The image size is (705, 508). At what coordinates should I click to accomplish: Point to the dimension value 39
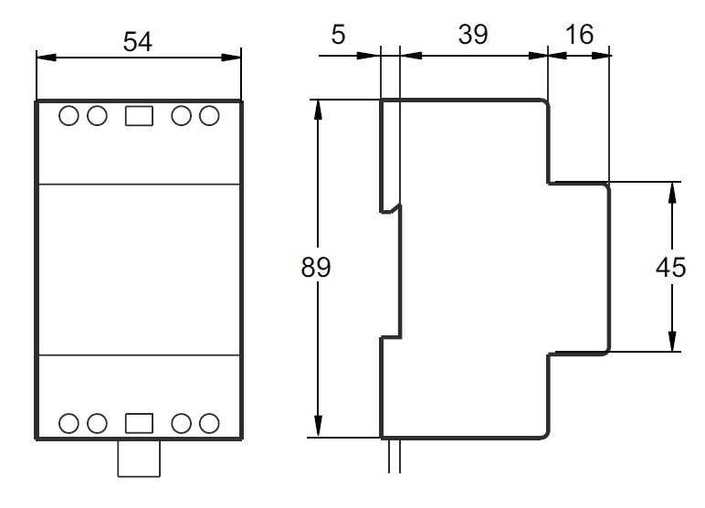pyautogui.click(x=472, y=35)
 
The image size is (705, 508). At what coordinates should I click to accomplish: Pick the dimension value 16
pyautogui.click(x=578, y=35)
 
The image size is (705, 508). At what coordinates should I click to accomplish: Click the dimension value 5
pyautogui.click(x=339, y=35)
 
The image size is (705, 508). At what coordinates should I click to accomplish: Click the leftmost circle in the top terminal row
pyautogui.click(x=70, y=116)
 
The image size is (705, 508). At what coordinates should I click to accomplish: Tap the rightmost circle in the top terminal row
pyautogui.click(x=209, y=116)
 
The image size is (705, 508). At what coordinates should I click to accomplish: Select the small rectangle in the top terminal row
pyautogui.click(x=138, y=116)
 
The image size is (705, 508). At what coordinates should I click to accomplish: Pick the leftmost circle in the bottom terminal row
pyautogui.click(x=70, y=422)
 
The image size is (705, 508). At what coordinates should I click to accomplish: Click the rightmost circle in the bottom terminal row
pyautogui.click(x=209, y=422)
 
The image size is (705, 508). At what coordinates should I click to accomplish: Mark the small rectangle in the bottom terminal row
pyautogui.click(x=138, y=422)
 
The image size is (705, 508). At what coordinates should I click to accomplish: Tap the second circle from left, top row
pyautogui.click(x=95, y=116)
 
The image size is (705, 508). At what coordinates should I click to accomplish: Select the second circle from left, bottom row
pyautogui.click(x=95, y=422)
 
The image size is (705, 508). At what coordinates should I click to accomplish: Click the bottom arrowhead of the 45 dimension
pyautogui.click(x=672, y=343)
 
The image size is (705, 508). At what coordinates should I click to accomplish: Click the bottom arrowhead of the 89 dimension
pyautogui.click(x=319, y=429)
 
